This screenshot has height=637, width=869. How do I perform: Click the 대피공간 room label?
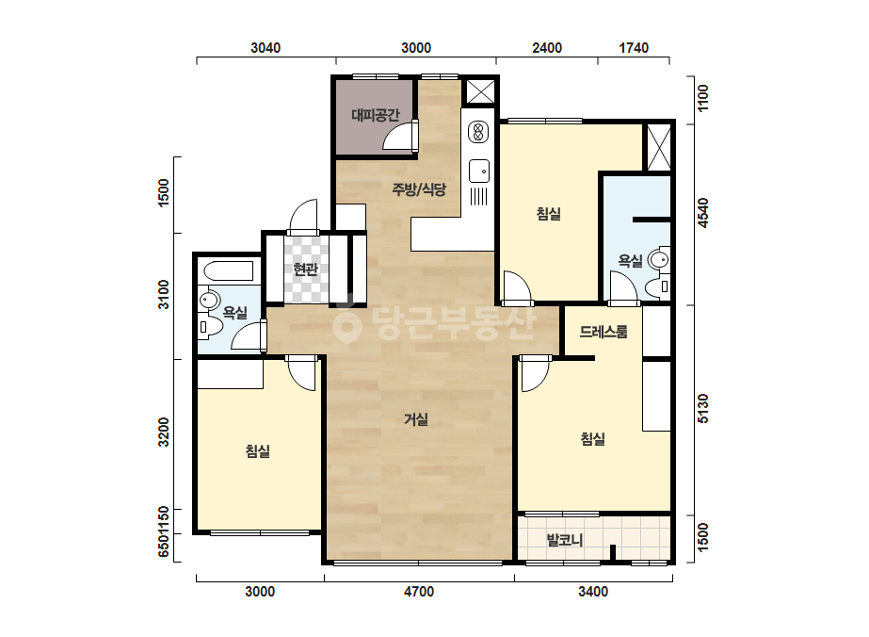(376, 115)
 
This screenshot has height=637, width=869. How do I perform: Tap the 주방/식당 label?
(419, 189)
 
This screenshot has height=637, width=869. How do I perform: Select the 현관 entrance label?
(305, 269)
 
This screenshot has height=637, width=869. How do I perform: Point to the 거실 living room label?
(415, 419)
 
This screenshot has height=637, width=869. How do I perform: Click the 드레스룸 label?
(603, 332)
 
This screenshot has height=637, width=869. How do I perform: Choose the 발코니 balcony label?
(564, 539)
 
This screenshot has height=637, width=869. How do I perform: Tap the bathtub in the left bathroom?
(229, 271)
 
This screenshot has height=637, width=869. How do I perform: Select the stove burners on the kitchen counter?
(477, 132)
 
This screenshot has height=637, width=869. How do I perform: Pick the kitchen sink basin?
(479, 171)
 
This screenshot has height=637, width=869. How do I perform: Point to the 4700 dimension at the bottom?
(419, 592)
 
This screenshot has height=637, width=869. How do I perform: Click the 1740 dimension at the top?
(634, 48)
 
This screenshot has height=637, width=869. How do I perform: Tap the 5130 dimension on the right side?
(702, 408)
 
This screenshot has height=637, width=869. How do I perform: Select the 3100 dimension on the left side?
(164, 295)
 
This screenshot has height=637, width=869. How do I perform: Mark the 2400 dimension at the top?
(547, 48)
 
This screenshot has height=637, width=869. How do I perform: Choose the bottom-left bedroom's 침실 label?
(258, 450)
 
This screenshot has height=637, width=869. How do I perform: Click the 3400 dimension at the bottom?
(593, 592)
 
